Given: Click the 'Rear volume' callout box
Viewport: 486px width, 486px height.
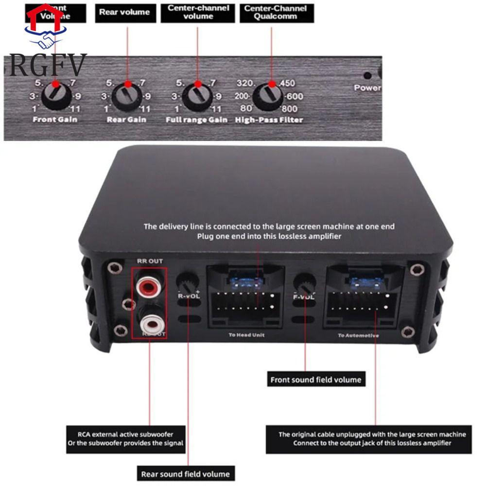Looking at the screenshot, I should pos(124,13).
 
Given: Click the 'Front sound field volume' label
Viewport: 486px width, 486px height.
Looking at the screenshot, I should pos(316,380).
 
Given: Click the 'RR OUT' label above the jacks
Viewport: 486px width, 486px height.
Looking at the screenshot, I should pos(150,261).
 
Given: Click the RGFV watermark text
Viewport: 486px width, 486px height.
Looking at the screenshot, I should pos(47,65).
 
